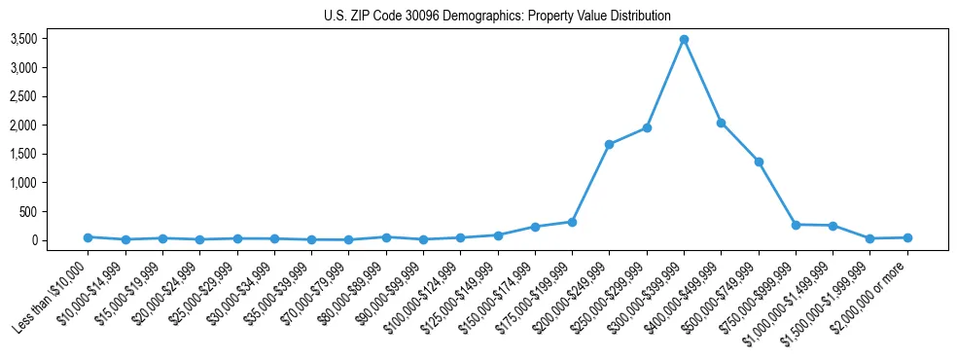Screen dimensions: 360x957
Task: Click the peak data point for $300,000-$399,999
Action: [x=684, y=40]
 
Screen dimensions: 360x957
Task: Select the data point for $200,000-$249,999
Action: [x=609, y=145]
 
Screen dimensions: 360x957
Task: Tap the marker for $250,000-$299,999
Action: [x=647, y=127]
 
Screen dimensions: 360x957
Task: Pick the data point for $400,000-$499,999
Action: [x=721, y=123]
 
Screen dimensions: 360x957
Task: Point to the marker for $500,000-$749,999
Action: [x=759, y=162]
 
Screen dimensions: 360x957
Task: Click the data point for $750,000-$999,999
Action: [x=796, y=225]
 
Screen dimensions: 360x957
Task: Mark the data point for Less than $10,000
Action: [x=88, y=237]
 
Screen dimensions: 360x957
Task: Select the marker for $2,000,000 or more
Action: [x=907, y=237]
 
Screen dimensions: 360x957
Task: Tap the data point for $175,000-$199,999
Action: [x=572, y=222]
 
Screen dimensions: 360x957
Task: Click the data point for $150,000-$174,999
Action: [x=535, y=227]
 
